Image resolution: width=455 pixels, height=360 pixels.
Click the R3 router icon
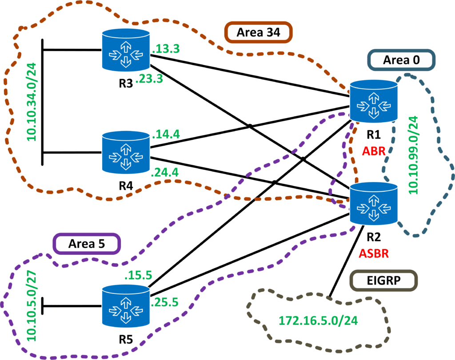click(125, 50)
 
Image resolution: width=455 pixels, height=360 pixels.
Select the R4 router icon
click(125, 152)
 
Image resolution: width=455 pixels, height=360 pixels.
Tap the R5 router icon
click(125, 307)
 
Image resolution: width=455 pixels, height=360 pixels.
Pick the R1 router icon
click(373, 102)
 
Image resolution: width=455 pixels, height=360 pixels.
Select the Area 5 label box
click(87, 244)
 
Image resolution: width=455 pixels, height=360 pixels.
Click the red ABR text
click(373, 151)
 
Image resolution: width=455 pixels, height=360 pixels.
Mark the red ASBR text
click(374, 253)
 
